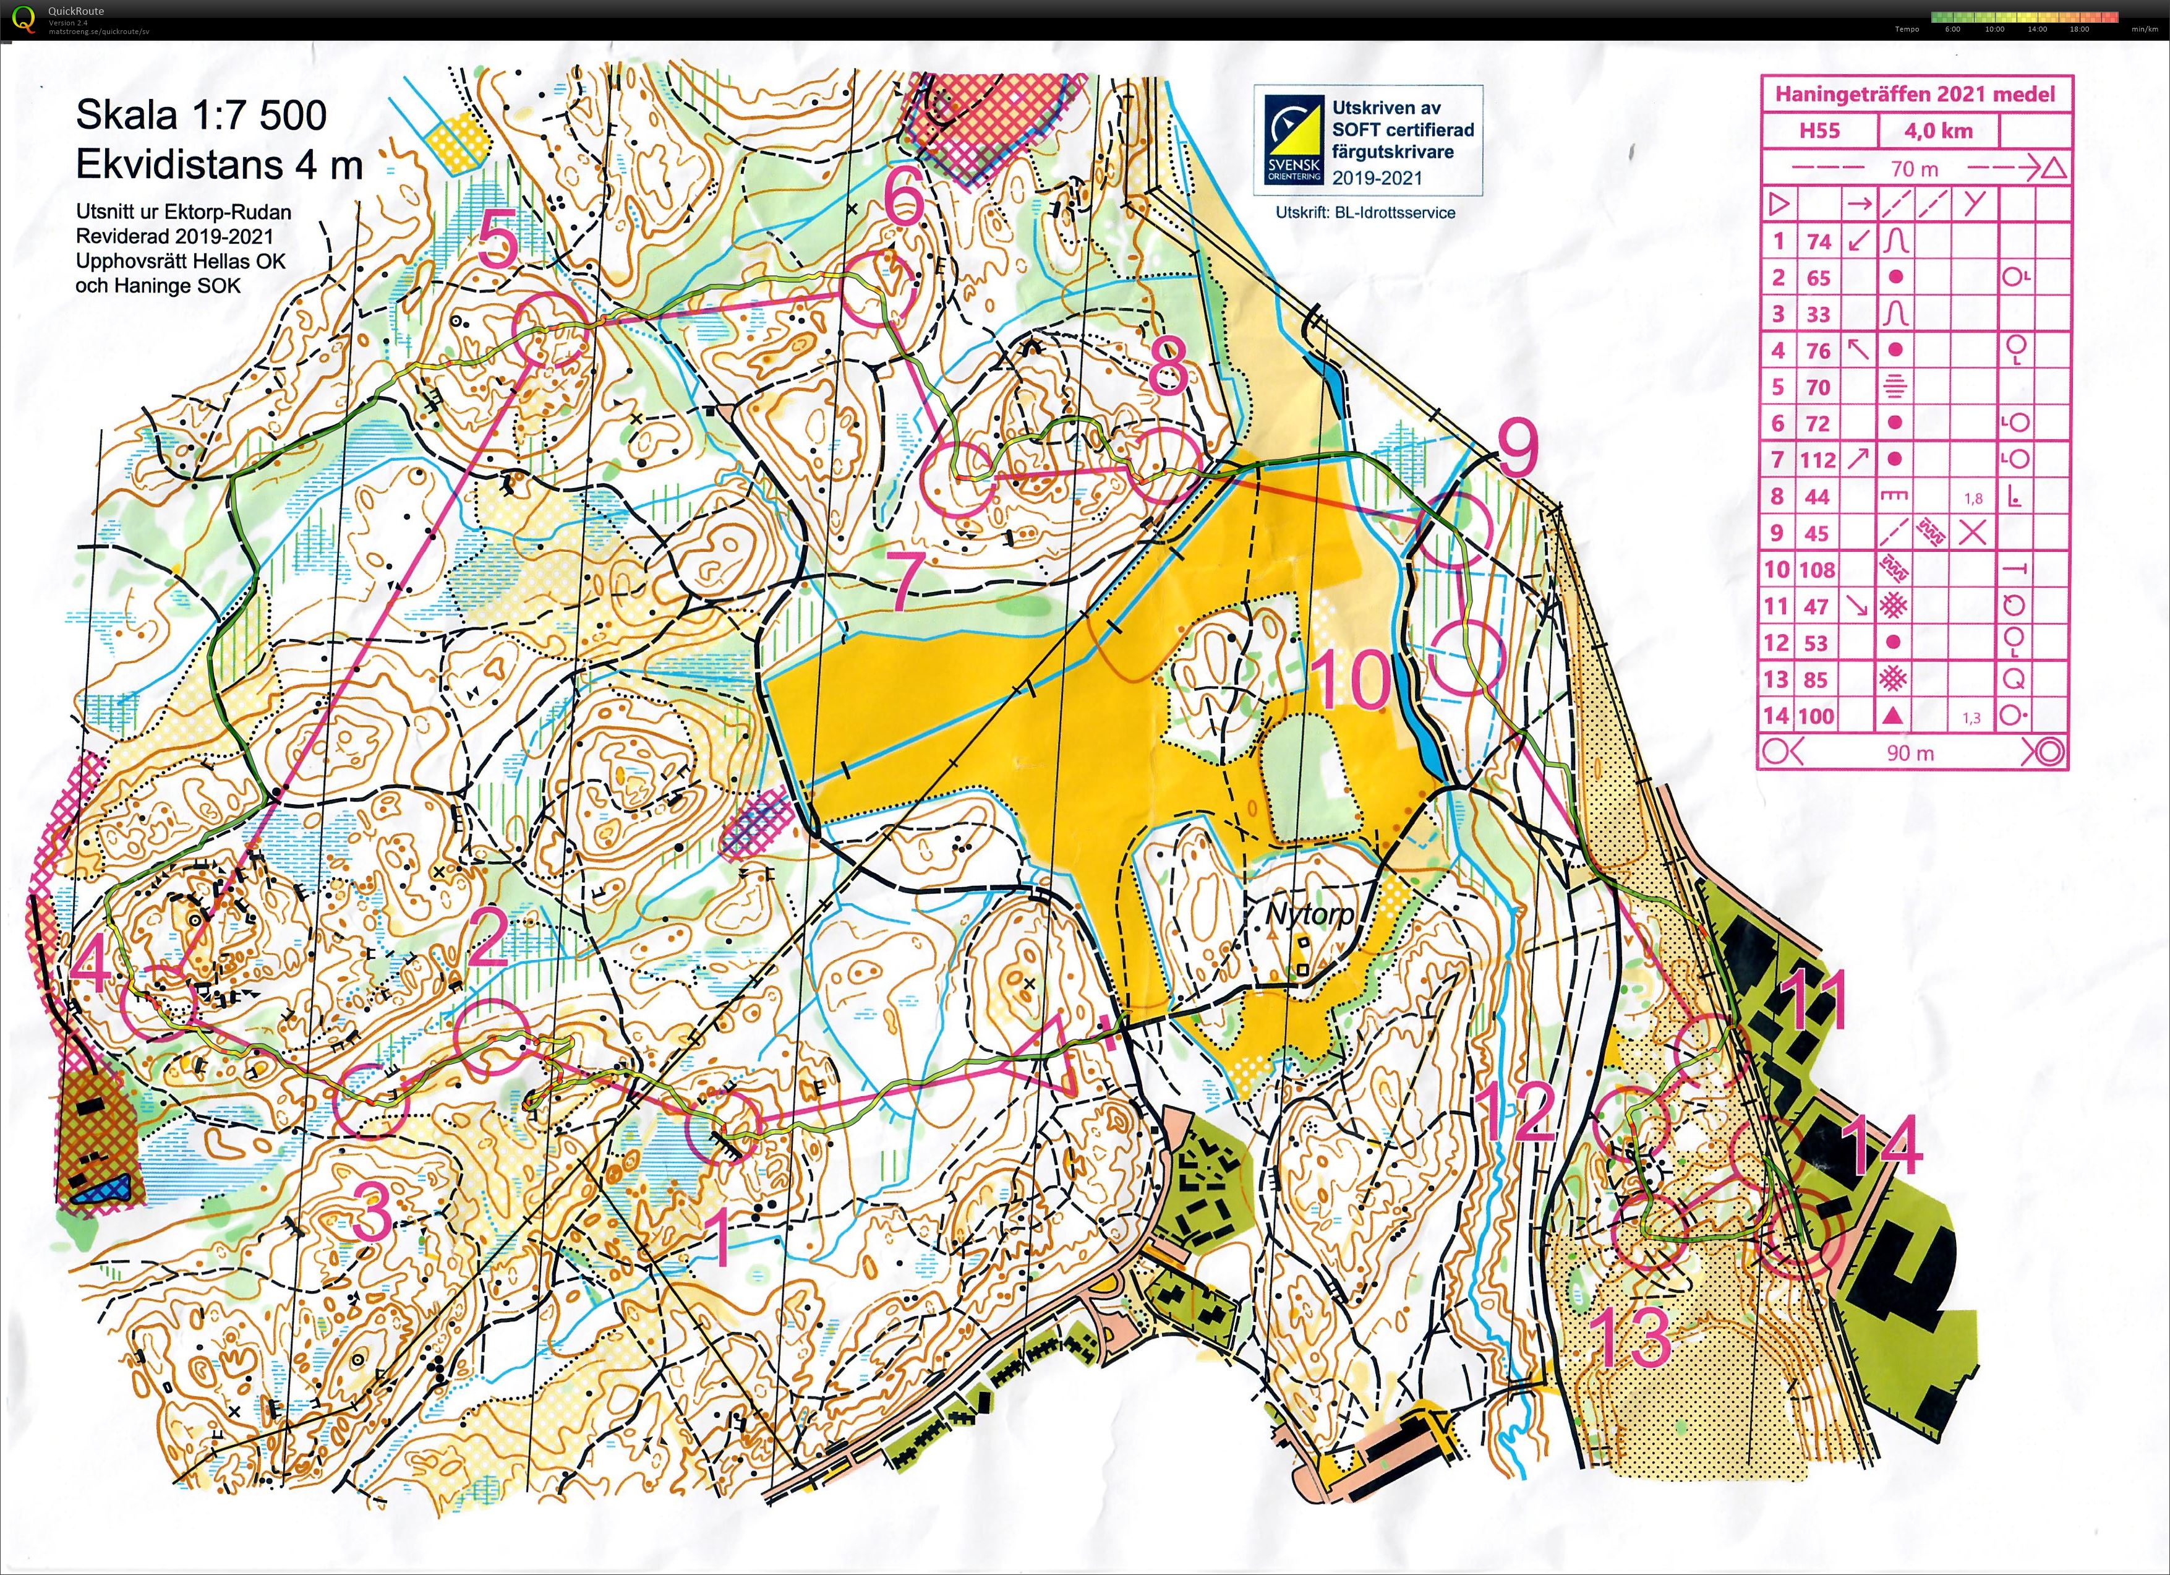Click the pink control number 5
[498, 241]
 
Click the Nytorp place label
[1310, 914]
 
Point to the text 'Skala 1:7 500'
[201, 115]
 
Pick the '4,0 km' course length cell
[1937, 130]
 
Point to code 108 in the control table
[1816, 570]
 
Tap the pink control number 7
[908, 581]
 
